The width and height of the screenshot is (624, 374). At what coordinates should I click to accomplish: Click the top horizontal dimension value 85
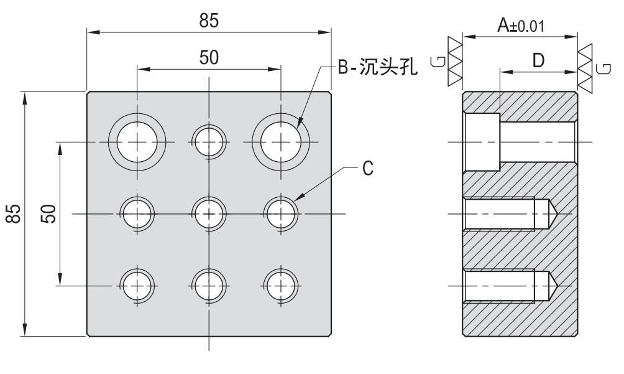pyautogui.click(x=209, y=21)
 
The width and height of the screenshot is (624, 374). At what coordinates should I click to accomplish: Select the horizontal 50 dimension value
pyautogui.click(x=209, y=58)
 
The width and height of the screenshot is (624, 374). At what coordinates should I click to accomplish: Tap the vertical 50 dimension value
pyautogui.click(x=50, y=214)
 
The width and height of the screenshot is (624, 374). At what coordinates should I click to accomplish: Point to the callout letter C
pyautogui.click(x=368, y=169)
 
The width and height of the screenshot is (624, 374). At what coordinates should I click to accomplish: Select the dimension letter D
pyautogui.click(x=538, y=60)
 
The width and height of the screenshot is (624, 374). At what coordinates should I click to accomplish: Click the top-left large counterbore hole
pyautogui.click(x=137, y=143)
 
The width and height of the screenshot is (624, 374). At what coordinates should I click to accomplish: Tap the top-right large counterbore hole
pyautogui.click(x=281, y=143)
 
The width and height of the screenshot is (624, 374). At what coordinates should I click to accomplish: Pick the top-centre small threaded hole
pyautogui.click(x=209, y=143)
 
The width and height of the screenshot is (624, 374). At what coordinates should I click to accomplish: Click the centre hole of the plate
pyautogui.click(x=209, y=214)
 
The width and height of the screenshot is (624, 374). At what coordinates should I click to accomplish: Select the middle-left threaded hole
pyautogui.click(x=137, y=214)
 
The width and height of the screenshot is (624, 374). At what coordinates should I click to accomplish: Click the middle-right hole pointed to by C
pyautogui.click(x=281, y=214)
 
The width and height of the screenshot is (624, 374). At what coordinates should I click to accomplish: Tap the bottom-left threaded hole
pyautogui.click(x=137, y=286)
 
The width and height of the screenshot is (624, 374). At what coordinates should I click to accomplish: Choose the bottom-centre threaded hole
pyautogui.click(x=209, y=286)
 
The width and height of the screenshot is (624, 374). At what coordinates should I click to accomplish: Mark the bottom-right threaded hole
pyautogui.click(x=281, y=286)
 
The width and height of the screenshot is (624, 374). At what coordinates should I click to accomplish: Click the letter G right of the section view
pyautogui.click(x=601, y=68)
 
